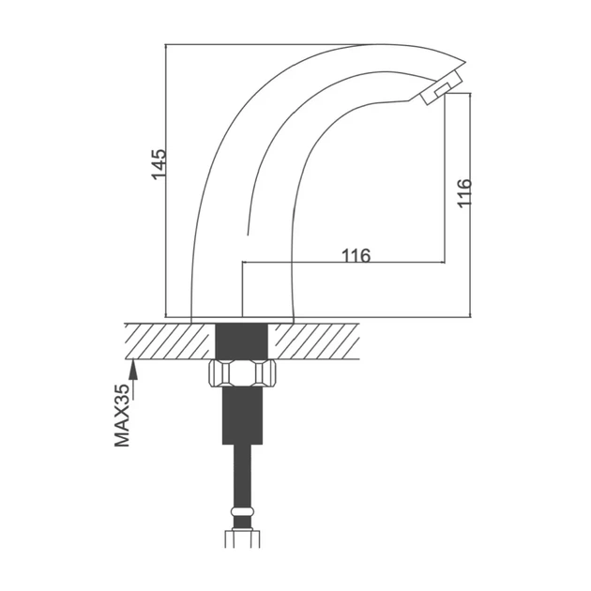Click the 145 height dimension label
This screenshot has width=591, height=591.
tap(159, 164)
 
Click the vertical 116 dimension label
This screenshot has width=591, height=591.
tap(464, 193)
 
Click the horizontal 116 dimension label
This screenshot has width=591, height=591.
tap(356, 255)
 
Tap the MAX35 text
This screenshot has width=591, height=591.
tap(122, 416)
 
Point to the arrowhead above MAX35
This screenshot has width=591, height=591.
tap(133, 371)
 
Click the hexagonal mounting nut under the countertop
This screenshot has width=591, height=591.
tap(242, 373)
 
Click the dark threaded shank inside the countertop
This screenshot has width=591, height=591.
tap(241, 341)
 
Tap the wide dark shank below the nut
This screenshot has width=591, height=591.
tap(242, 416)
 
